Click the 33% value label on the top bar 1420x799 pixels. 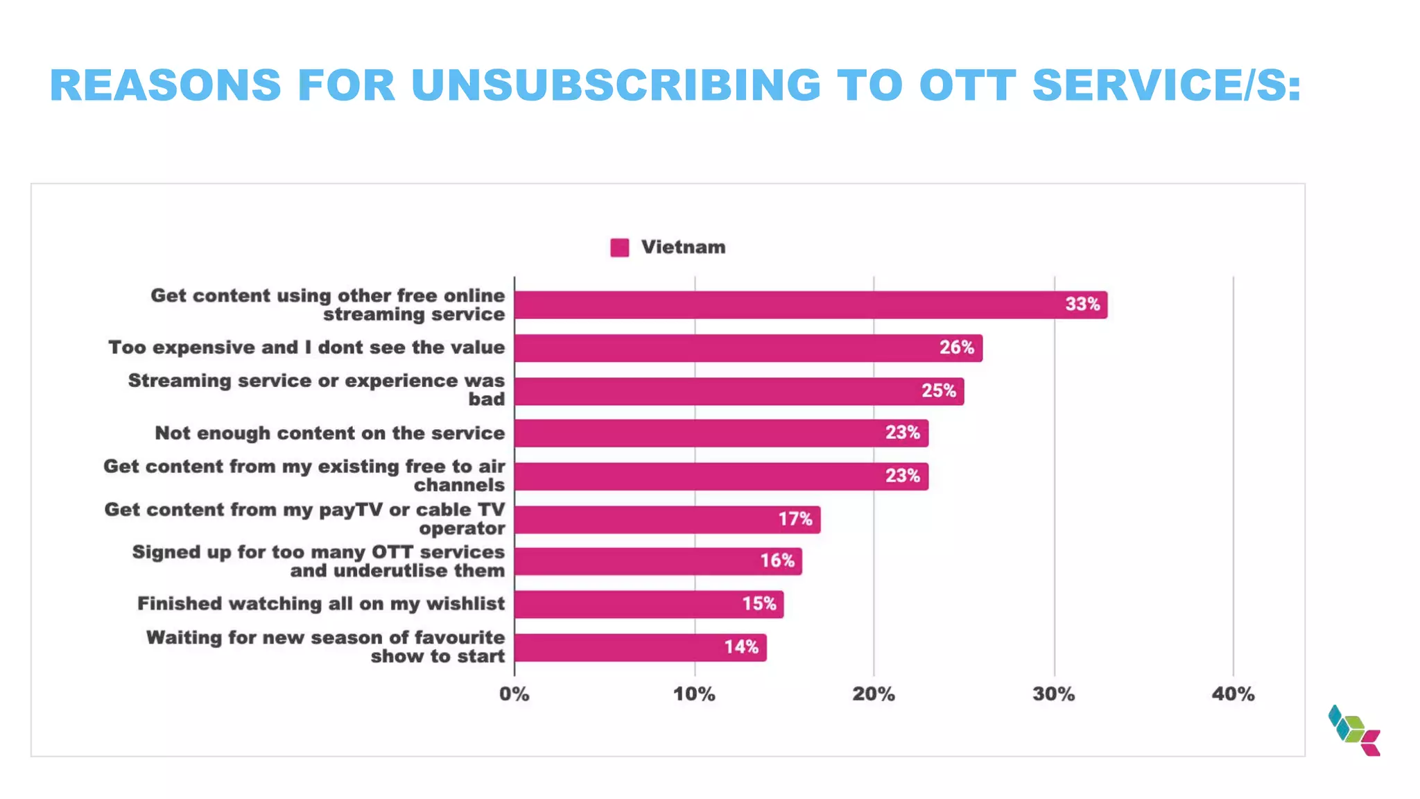click(x=1082, y=304)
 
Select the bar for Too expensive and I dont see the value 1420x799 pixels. click(x=747, y=348)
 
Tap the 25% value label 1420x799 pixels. click(x=938, y=391)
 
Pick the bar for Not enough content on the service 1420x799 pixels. click(x=721, y=433)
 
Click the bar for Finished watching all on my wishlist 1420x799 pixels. click(x=648, y=604)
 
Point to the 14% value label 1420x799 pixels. click(x=741, y=647)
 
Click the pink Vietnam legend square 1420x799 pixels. click(x=619, y=248)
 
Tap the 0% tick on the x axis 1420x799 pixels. click(x=514, y=694)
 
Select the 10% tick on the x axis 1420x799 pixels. click(x=694, y=694)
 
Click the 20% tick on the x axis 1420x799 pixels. click(x=874, y=694)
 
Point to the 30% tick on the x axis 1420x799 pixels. click(x=1054, y=694)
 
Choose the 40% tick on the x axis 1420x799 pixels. click(x=1233, y=694)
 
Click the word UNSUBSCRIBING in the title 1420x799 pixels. click(x=616, y=86)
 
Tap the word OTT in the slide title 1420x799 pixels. click(x=968, y=86)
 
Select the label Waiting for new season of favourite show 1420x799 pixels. click(x=326, y=646)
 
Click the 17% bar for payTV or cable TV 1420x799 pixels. click(x=667, y=519)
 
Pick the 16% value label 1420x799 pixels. click(x=777, y=561)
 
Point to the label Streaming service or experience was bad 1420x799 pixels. click(x=317, y=390)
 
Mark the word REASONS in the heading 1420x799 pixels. click(x=166, y=86)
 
